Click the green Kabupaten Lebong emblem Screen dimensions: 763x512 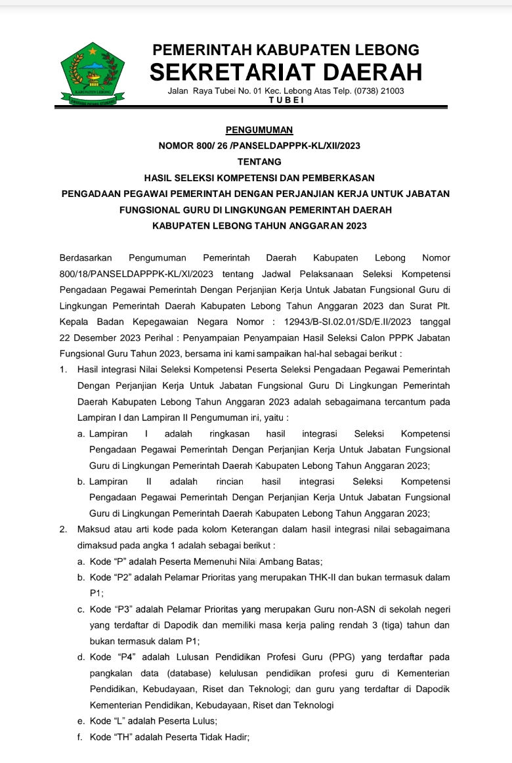[x=93, y=74]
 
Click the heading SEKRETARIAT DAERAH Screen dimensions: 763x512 [x=286, y=72]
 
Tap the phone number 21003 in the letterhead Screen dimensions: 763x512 [x=392, y=91]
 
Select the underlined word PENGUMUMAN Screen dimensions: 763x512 [x=259, y=130]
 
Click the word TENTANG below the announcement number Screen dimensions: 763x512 [x=259, y=162]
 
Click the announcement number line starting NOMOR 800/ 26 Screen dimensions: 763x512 [x=259, y=146]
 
